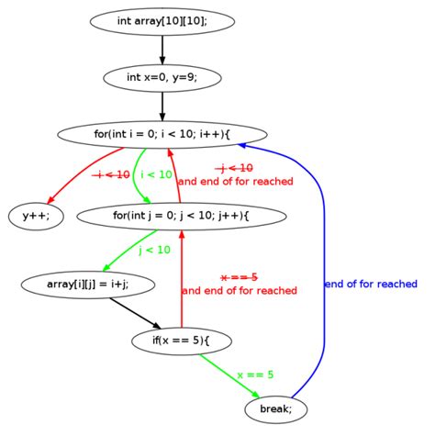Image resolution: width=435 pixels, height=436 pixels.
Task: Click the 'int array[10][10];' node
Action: tap(162, 20)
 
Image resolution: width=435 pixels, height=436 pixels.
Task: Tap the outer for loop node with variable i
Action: tap(162, 134)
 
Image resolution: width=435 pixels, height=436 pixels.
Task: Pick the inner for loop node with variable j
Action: tap(182, 216)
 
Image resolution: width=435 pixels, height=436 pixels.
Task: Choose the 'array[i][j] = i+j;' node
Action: tap(87, 285)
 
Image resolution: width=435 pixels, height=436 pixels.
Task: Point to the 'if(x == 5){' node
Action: tap(182, 341)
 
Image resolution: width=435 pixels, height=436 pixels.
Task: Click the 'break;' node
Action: tap(275, 409)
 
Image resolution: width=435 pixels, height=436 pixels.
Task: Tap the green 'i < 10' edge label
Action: tap(156, 174)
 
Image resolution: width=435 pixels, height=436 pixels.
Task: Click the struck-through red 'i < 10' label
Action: tap(112, 174)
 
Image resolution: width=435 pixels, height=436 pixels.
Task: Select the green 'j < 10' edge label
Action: tap(154, 250)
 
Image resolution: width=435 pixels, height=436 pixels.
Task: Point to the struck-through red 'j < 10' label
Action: tap(234, 168)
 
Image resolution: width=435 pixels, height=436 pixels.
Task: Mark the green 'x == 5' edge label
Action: tap(255, 375)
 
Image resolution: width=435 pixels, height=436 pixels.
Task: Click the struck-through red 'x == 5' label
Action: tap(239, 277)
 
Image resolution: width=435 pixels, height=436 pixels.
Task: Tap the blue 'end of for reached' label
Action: tap(371, 285)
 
